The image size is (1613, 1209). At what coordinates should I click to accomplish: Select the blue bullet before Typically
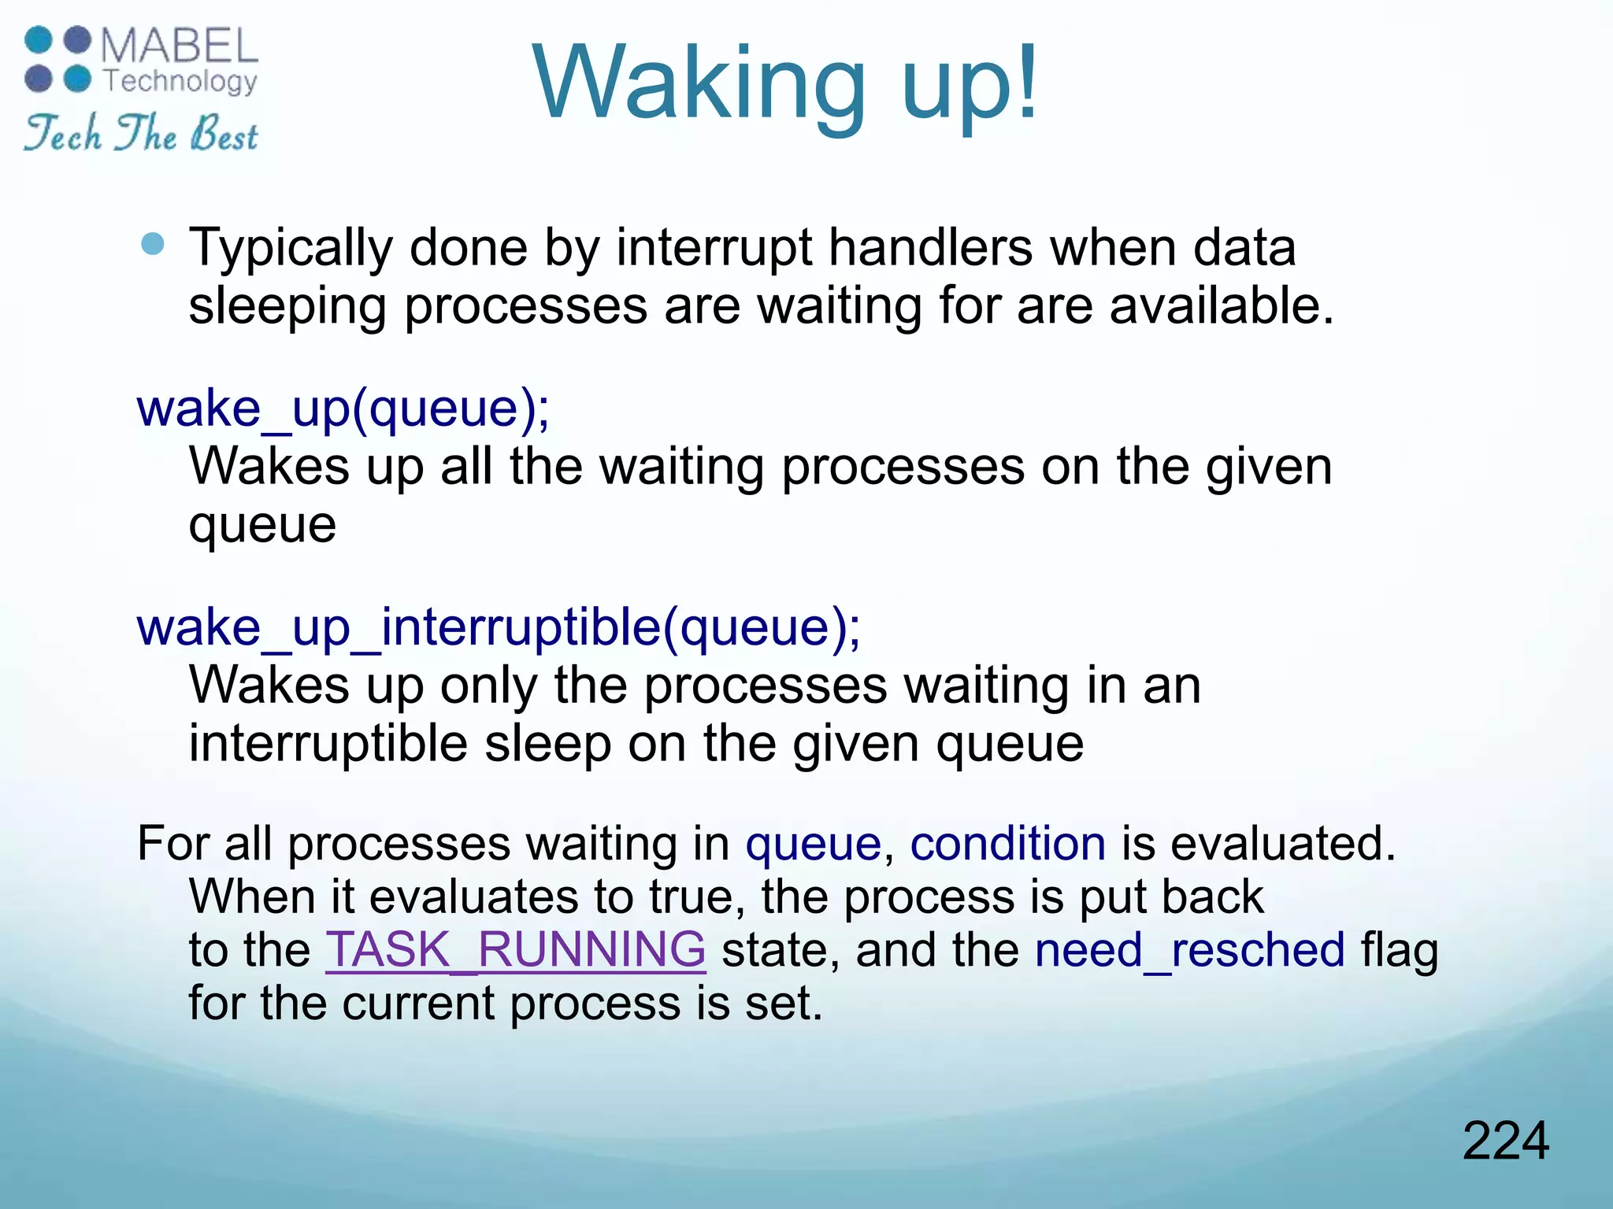(153, 244)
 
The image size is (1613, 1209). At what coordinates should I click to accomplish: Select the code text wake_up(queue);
(343, 409)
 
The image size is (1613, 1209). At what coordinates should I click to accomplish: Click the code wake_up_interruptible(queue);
(499, 628)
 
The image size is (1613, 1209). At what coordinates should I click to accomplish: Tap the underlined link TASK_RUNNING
(516, 949)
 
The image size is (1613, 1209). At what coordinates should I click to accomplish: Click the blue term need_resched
(1189, 949)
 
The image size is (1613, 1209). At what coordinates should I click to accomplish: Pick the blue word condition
(1008, 844)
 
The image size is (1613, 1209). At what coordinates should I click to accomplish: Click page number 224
(1505, 1141)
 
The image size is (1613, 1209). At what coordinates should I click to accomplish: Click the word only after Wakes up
(488, 686)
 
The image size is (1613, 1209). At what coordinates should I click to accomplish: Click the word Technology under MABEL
(180, 80)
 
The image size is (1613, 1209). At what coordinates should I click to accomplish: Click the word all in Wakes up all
(466, 467)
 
